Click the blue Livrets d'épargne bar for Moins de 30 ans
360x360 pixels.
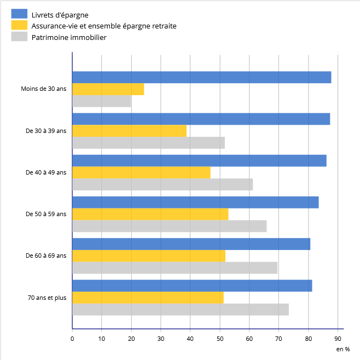(x=201, y=77)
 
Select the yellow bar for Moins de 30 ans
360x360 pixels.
(x=108, y=89)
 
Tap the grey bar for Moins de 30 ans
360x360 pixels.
(x=101, y=101)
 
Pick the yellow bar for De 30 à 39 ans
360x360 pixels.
(x=129, y=131)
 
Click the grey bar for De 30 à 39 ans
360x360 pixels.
(x=148, y=143)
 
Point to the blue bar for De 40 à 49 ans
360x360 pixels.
(x=199, y=160)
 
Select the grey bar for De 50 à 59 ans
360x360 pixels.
(x=169, y=226)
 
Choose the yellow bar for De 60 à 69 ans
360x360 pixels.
(x=148, y=256)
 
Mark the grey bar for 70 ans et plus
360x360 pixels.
(x=180, y=309)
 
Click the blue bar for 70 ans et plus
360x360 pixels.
(x=192, y=286)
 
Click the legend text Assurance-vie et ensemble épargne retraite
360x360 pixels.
(x=104, y=26)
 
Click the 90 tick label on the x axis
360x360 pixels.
(x=338, y=339)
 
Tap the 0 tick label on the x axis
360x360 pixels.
(x=72, y=339)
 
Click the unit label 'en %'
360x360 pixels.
(x=342, y=349)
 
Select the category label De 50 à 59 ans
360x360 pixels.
(x=46, y=214)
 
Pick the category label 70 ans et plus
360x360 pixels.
(x=47, y=298)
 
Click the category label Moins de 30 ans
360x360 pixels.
(x=44, y=89)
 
